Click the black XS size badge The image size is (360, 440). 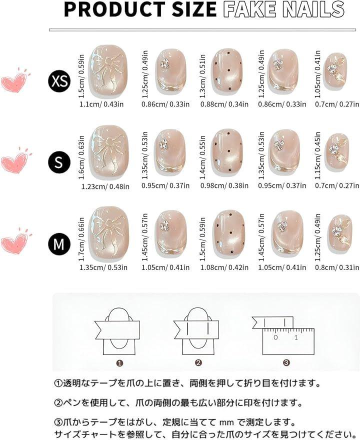pyautogui.click(x=59, y=81)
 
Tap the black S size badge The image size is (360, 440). pyautogui.click(x=59, y=162)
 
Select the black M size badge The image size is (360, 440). pyautogui.click(x=59, y=243)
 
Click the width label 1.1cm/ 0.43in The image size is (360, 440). pyautogui.click(x=101, y=104)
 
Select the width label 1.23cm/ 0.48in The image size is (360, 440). pyautogui.click(x=105, y=186)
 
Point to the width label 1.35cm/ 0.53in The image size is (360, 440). pyautogui.click(x=103, y=267)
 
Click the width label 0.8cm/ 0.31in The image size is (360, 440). pyautogui.click(x=336, y=267)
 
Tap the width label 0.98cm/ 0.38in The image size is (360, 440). pyautogui.click(x=224, y=185)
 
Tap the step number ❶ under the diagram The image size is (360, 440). pyautogui.click(x=119, y=363)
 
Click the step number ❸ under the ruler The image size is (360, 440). pyautogui.click(x=286, y=363)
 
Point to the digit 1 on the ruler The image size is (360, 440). pyautogui.click(x=295, y=337)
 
